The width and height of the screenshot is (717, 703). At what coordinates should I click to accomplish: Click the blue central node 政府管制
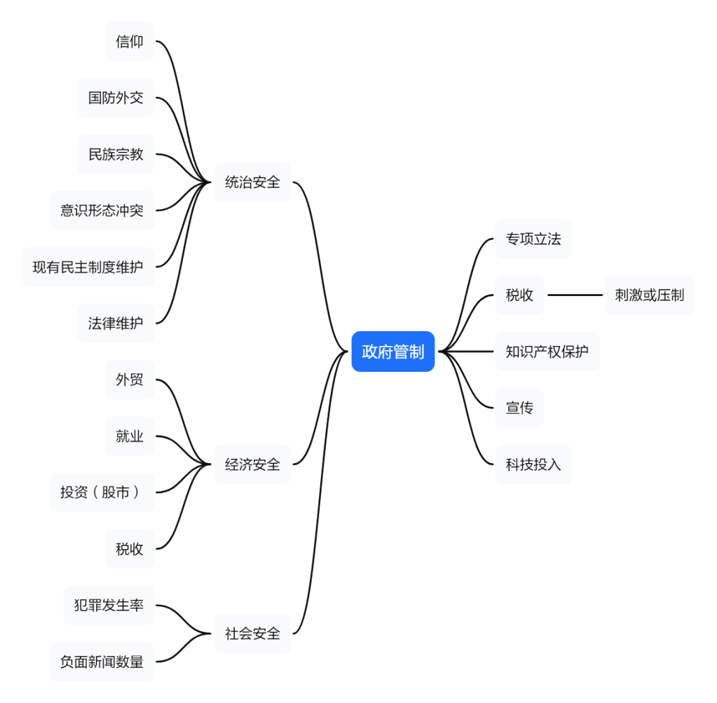click(392, 351)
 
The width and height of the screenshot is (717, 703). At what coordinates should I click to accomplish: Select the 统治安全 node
click(252, 182)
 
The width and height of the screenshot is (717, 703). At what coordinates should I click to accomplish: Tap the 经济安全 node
click(252, 464)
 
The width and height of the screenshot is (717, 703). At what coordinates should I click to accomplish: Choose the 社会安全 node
click(252, 634)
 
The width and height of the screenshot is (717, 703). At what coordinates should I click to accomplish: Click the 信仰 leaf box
click(130, 41)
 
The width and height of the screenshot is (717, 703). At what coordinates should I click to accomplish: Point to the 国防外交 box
click(116, 98)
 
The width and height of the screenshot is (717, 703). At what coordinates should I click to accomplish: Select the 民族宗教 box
click(116, 154)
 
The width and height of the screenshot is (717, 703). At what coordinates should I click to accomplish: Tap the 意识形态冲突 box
click(102, 210)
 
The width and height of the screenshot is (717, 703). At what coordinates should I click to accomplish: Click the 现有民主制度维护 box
click(88, 267)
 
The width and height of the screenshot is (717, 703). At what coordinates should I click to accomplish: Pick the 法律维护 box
click(116, 323)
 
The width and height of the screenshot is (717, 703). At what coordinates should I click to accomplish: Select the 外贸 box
click(130, 380)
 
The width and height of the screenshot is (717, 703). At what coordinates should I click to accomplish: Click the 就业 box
click(130, 436)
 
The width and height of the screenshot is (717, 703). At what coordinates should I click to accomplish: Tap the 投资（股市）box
click(102, 493)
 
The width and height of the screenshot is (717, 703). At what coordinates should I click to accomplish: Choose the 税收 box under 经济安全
click(130, 549)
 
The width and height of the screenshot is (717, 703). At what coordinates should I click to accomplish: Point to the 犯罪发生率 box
click(109, 605)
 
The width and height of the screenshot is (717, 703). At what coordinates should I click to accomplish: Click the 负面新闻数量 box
click(102, 662)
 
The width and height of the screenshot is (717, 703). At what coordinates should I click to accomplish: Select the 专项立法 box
click(533, 239)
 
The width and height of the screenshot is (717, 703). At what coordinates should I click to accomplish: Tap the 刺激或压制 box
click(650, 295)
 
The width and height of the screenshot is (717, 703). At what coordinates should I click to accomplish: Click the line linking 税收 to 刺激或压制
click(575, 295)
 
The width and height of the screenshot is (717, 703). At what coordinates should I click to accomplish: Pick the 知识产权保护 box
click(547, 351)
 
